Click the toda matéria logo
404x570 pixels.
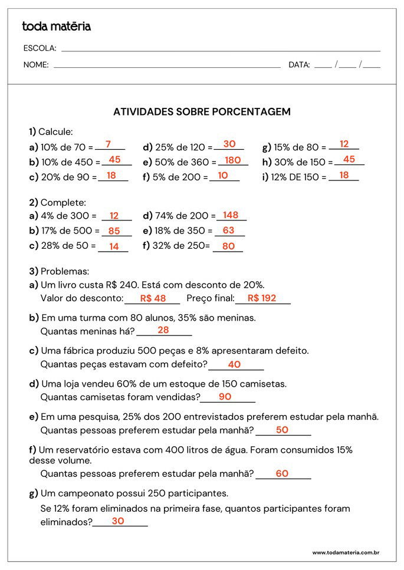coord(56,27)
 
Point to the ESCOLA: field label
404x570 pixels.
coord(40,48)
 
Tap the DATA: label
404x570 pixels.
coord(299,65)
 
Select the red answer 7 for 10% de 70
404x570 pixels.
coord(108,144)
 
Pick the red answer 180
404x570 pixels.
coord(233,160)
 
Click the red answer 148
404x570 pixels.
coord(231,215)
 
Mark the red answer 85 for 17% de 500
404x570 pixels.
coord(114,231)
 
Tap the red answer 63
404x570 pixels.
coord(228,230)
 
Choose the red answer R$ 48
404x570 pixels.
coord(153,298)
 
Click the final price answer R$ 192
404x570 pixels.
coord(262,298)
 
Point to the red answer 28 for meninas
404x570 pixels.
coord(163,330)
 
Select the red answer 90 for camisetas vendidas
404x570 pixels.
coord(225,397)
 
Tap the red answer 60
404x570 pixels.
coord(282,473)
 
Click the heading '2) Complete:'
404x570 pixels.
coord(57,202)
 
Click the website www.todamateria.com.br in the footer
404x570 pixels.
coord(345,552)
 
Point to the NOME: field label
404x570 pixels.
coord(36,65)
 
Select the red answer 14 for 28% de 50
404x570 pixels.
coord(114,246)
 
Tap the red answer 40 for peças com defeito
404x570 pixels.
coord(234,364)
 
